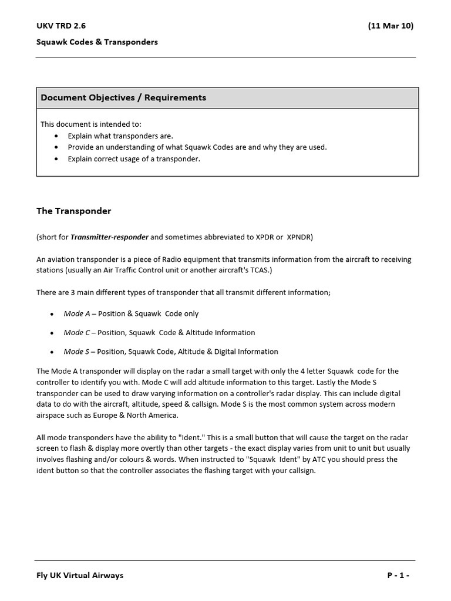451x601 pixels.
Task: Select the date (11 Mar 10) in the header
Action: coord(391,26)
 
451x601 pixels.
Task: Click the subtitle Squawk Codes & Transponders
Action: coord(97,42)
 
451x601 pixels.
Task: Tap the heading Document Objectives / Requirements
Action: coord(123,97)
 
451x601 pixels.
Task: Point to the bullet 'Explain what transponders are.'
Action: coord(120,136)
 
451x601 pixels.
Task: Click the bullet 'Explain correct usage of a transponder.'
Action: coord(134,159)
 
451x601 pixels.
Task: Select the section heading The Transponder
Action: coord(73,211)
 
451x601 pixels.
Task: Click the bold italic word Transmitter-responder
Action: coord(110,237)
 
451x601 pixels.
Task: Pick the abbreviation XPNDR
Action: coord(299,237)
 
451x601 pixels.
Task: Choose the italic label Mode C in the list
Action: coord(76,333)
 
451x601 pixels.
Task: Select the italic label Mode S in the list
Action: coord(76,352)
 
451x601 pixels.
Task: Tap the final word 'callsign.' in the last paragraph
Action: coord(299,471)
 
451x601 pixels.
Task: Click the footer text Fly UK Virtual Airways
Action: coord(80,575)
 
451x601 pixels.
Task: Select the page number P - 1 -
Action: coord(398,575)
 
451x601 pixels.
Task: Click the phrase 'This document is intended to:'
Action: coord(90,124)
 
